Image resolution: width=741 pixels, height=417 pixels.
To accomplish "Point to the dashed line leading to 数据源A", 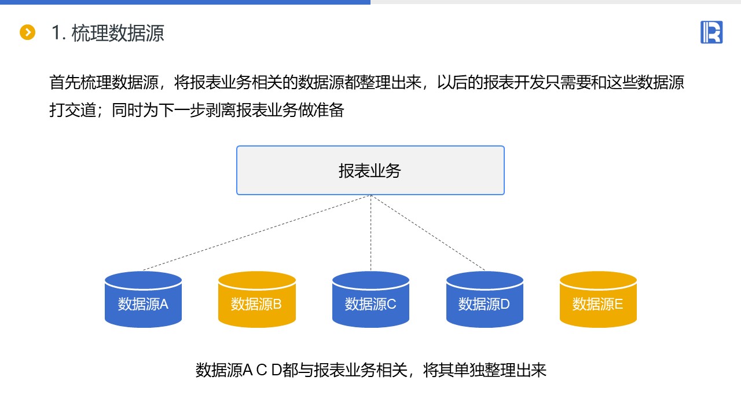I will (256, 233).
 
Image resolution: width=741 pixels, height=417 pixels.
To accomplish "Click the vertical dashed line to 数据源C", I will (370, 233).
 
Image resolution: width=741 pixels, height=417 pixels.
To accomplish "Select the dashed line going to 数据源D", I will (428, 233).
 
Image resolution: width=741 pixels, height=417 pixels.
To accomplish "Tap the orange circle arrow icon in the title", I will (27, 32).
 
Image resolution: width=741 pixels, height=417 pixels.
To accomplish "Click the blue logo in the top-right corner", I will (711, 32).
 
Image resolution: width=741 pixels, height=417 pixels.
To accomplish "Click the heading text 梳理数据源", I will (118, 33).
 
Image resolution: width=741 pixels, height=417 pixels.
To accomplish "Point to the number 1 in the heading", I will (56, 33).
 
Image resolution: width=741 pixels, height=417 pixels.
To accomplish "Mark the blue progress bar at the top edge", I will (185, 2).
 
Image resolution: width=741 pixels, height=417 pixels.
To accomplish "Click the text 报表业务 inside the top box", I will (370, 170).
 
